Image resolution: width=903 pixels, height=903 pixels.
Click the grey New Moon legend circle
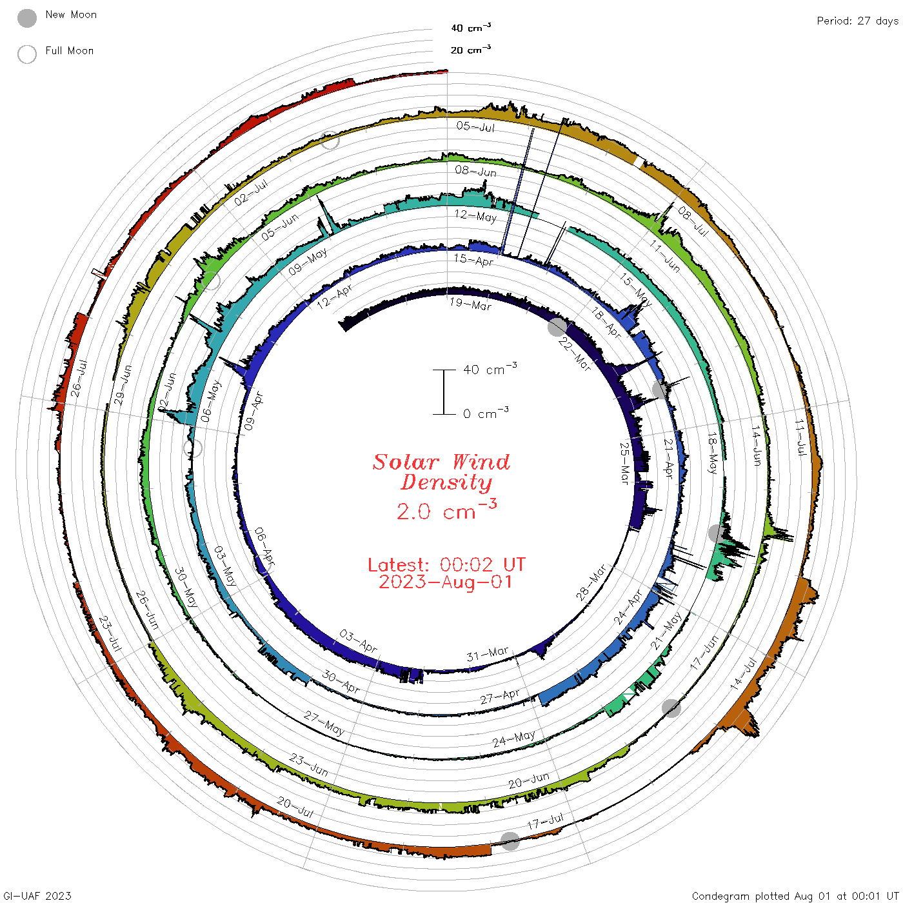pos(27,18)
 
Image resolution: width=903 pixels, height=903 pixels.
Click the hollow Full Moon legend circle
pos(27,54)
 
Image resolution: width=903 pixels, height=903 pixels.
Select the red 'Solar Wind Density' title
pos(441,472)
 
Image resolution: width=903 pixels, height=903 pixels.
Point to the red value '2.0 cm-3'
pos(446,510)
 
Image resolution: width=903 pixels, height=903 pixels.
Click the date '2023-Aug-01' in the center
pos(445,582)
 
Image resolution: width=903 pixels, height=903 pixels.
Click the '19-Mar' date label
pos(470,304)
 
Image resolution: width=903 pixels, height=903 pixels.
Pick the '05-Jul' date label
pos(475,126)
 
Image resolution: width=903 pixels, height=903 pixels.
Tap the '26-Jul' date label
pos(79,378)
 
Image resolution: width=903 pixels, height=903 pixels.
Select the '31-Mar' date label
pos(488,653)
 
